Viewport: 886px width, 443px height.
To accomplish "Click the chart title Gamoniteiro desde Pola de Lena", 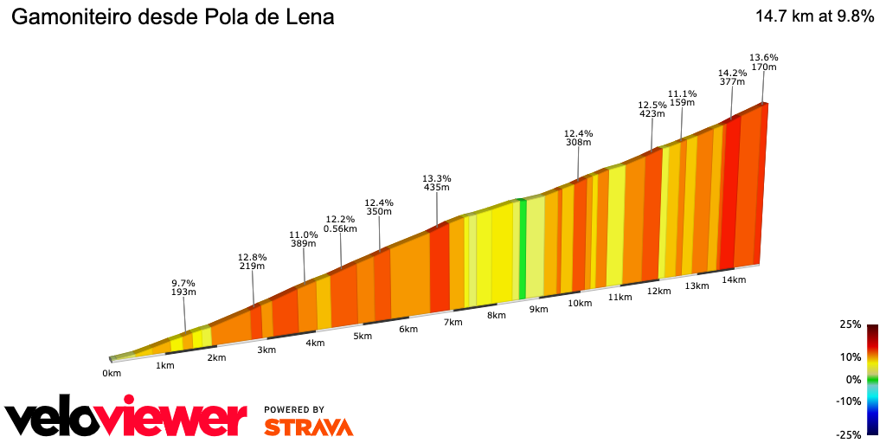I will [x=172, y=17].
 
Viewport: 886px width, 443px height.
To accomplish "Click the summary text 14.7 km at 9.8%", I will [x=814, y=16].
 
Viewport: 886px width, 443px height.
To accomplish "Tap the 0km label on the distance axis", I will [x=111, y=373].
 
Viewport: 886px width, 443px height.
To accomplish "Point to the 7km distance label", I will [x=453, y=322].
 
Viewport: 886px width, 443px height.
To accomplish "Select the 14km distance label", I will [x=734, y=279].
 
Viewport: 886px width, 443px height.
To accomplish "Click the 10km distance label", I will [x=580, y=303].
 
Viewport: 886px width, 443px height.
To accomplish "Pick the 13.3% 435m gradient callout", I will [x=437, y=183].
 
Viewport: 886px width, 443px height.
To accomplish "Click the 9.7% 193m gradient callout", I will [x=183, y=288].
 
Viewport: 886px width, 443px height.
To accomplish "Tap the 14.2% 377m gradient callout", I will [x=732, y=77].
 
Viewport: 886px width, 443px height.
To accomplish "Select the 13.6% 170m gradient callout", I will [x=763, y=61].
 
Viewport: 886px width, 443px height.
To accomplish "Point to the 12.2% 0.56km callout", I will [x=341, y=224].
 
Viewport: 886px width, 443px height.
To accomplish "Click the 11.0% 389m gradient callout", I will [x=303, y=240].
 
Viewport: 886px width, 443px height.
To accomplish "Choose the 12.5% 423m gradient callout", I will [x=652, y=108].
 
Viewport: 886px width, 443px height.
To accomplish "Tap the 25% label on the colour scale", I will [x=851, y=325].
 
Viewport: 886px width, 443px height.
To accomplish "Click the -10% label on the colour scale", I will [x=850, y=401].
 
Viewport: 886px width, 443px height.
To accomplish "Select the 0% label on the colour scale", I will [x=853, y=379].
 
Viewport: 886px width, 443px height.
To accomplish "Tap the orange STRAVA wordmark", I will [x=308, y=427].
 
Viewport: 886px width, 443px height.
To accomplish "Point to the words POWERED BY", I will [x=294, y=409].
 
